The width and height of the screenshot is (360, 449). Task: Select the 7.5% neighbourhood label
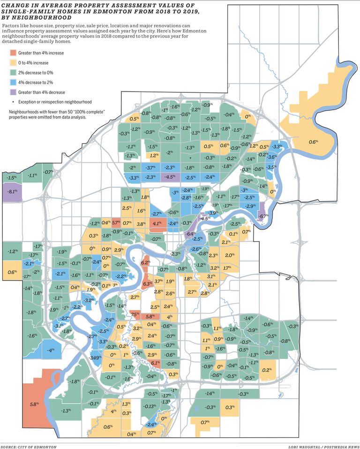tap(135, 314)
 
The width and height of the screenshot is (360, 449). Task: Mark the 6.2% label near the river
tap(145, 263)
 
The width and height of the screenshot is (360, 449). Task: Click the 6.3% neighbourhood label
tap(146, 284)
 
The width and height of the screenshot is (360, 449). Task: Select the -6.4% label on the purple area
tap(190, 234)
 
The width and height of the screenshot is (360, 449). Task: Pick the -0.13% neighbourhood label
tap(150, 406)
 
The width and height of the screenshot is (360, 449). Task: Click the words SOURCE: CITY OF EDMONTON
tap(29, 447)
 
